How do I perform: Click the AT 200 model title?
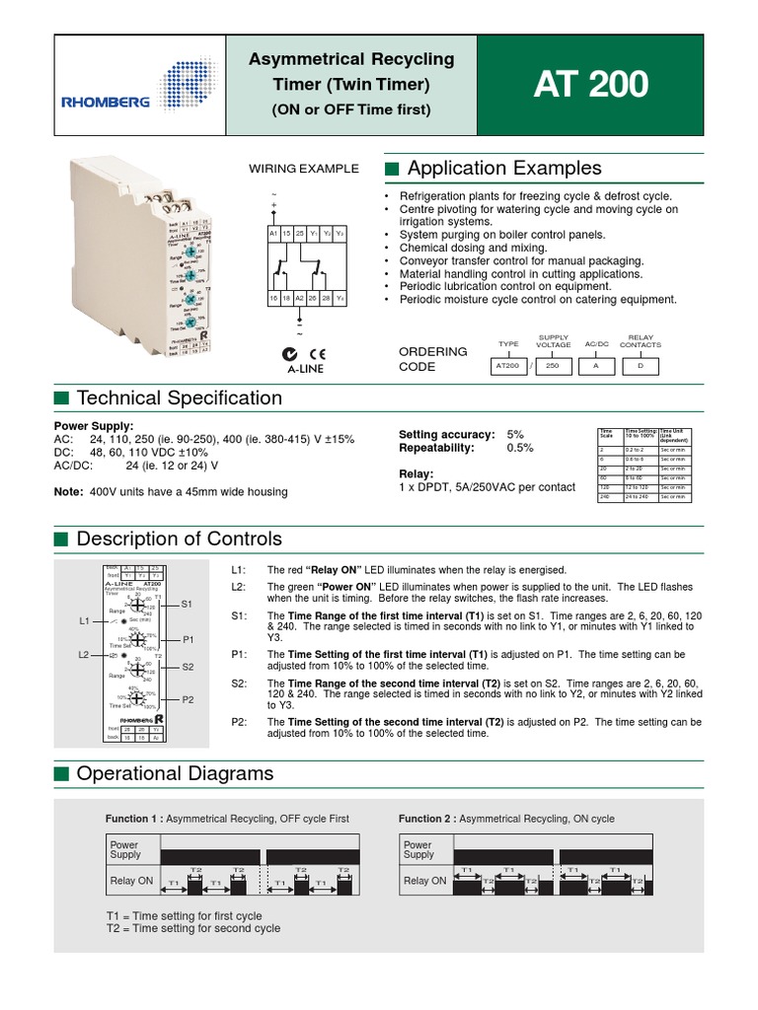click(590, 85)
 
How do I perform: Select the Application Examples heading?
click(503, 169)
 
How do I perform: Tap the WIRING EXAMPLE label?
click(303, 170)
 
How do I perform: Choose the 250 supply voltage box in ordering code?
click(553, 365)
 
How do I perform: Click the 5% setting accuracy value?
click(515, 434)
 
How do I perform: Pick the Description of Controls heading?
click(179, 539)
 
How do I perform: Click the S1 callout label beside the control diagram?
click(189, 602)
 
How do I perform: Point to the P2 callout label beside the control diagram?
click(189, 699)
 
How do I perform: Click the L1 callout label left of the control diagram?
click(86, 621)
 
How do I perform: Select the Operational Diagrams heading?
click(175, 773)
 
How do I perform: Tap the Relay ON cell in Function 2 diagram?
click(423, 881)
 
